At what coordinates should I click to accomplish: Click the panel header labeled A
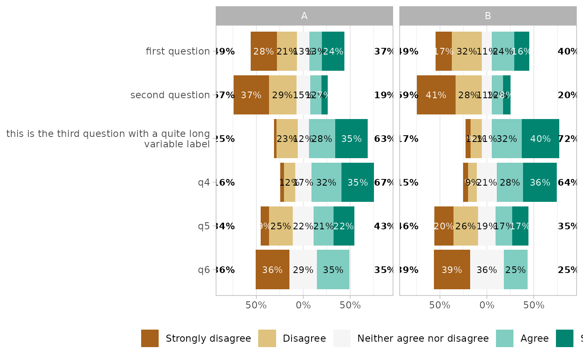[304, 16]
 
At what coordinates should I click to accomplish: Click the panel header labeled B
[488, 16]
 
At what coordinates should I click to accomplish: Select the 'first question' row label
[178, 52]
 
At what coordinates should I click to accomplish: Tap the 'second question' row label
[170, 95]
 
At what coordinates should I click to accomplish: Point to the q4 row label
[204, 183]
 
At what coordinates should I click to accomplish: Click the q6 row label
[204, 270]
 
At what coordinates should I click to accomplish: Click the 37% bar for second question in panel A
[251, 95]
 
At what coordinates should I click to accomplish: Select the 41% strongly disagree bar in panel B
[436, 95]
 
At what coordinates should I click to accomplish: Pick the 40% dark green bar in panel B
[541, 139]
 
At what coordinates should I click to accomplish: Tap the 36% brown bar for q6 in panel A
[272, 270]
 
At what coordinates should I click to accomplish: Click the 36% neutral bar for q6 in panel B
[487, 270]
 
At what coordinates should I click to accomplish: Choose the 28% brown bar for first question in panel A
[264, 51]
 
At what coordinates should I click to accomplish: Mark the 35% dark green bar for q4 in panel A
[358, 182]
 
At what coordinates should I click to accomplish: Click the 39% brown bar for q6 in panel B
[452, 270]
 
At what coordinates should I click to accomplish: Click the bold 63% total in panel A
[384, 139]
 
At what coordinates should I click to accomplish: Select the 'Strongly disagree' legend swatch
[150, 338]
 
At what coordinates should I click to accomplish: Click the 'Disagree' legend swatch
[267, 338]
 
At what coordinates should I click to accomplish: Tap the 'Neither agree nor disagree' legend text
[423, 338]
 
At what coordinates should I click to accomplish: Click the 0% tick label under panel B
[487, 305]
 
